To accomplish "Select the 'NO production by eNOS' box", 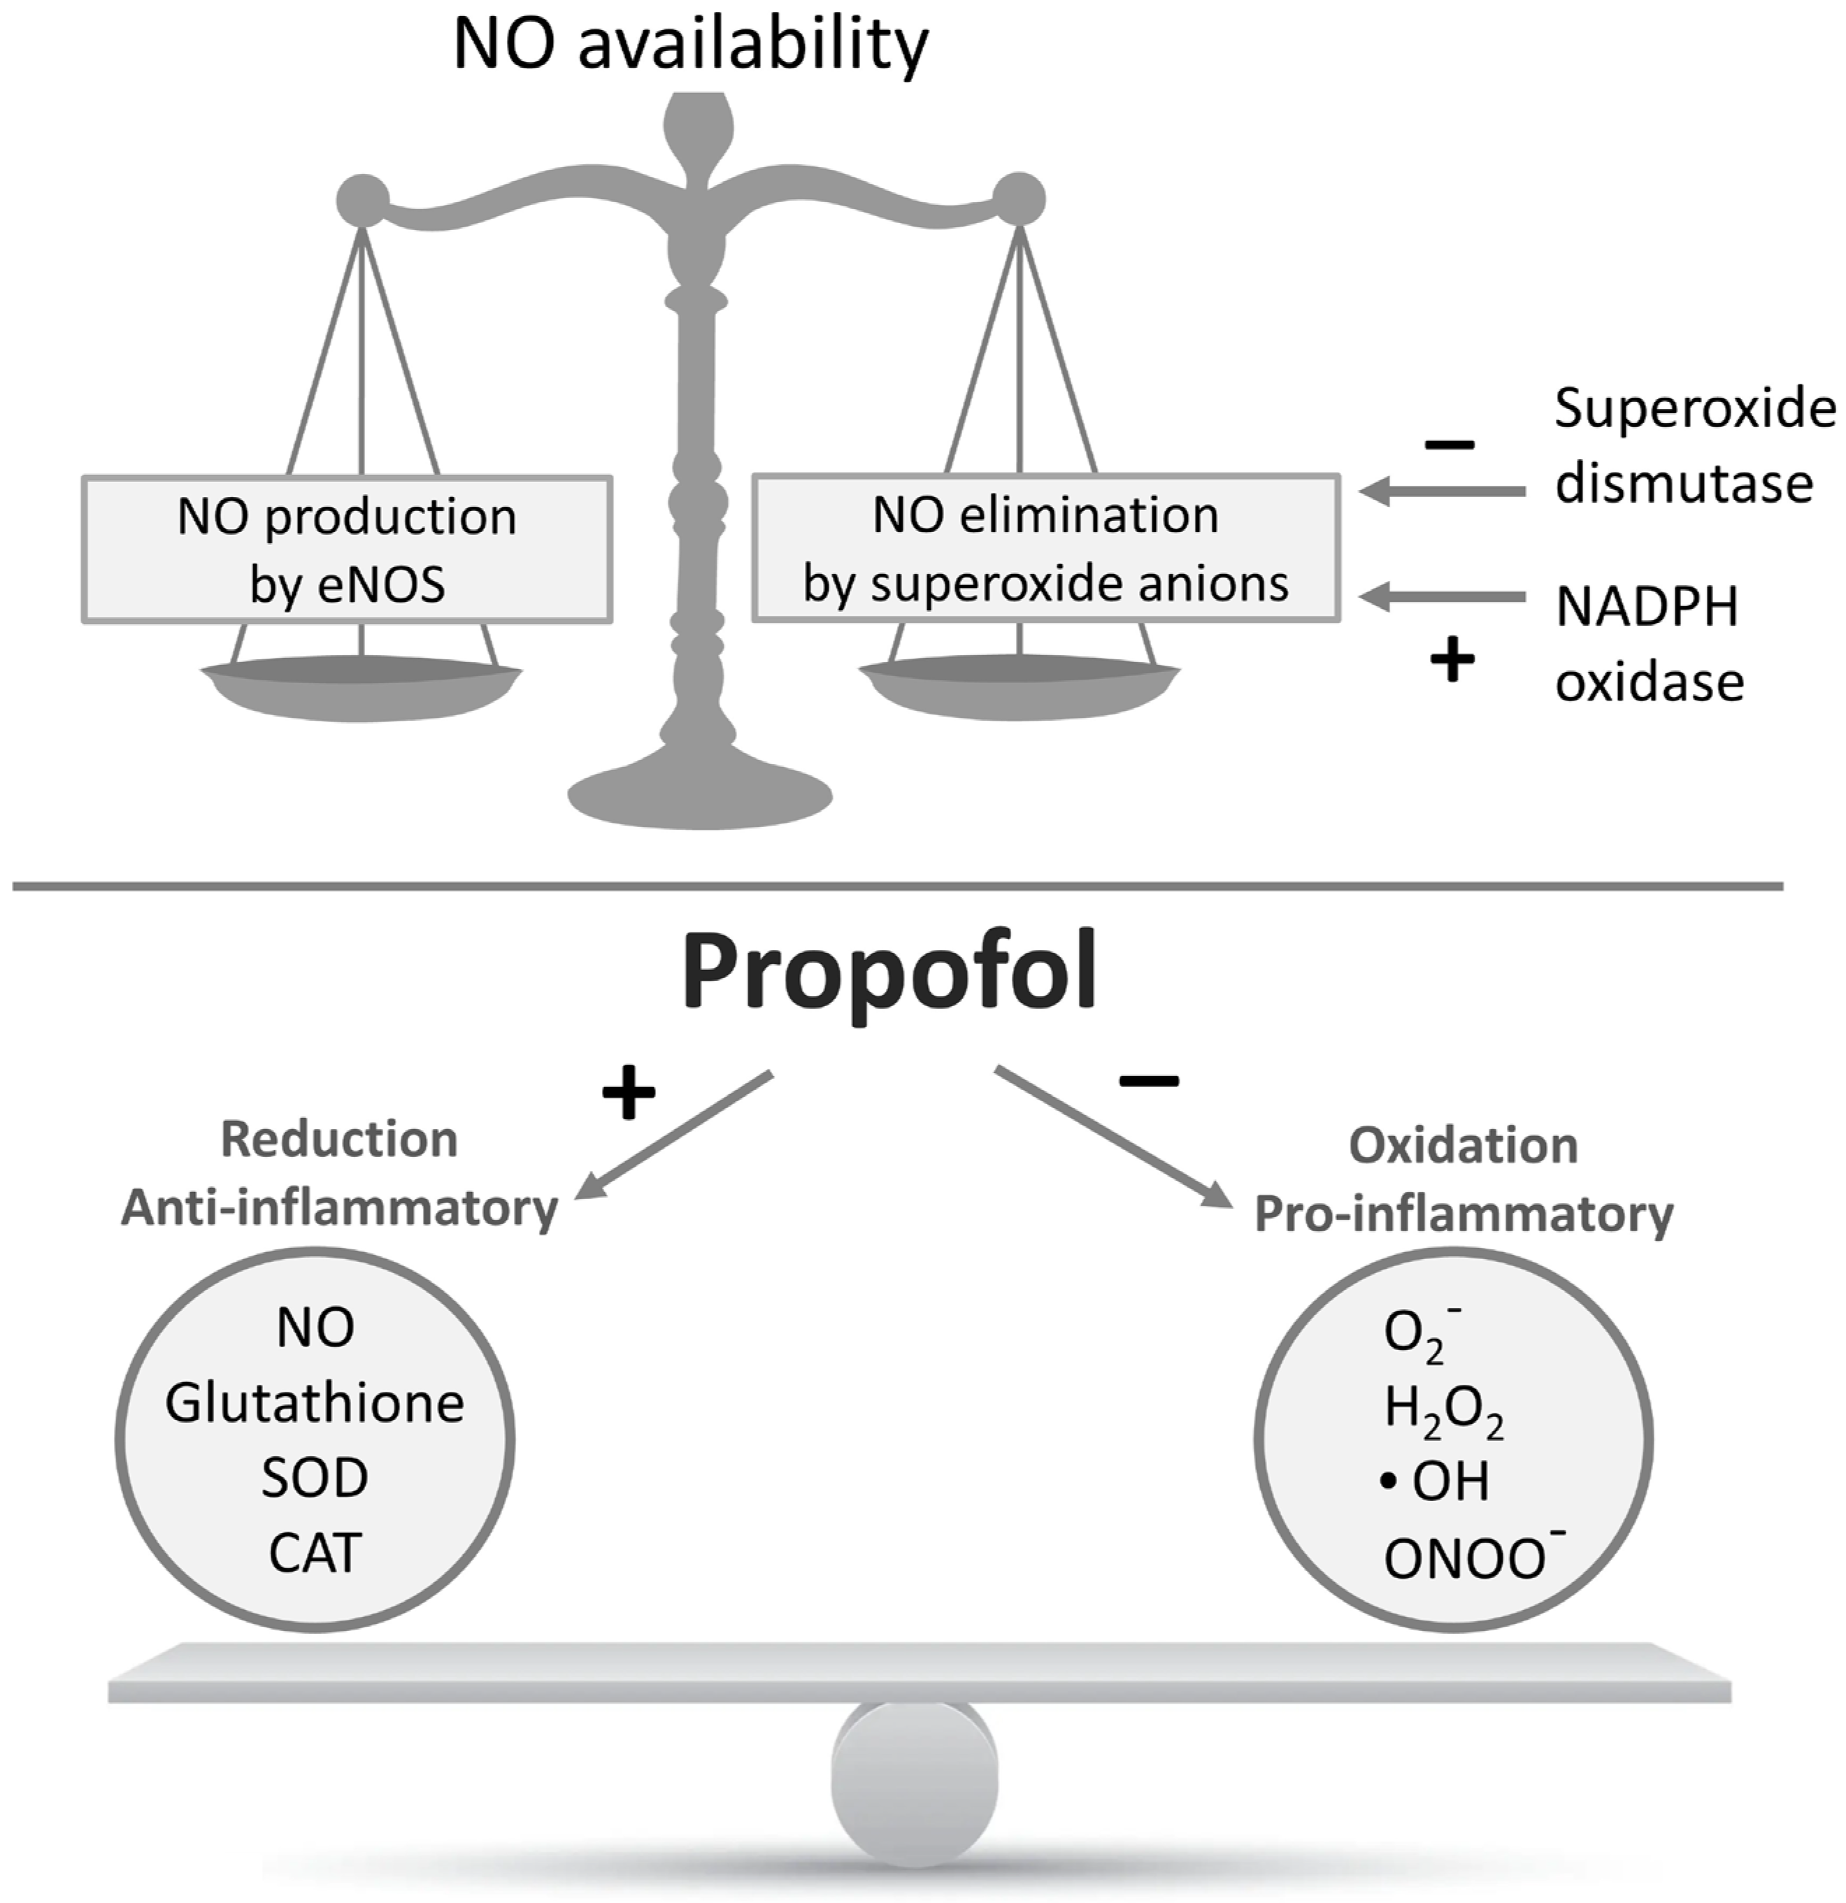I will point(347,550).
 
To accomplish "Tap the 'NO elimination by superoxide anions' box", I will point(1046,549).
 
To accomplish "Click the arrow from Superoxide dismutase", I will point(1441,492).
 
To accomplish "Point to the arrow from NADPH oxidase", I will point(1441,598).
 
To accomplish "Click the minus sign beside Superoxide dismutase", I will point(1449,445).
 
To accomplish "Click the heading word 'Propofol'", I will point(889,972).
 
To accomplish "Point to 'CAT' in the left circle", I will point(315,1553).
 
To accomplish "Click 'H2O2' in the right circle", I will point(1443,1410).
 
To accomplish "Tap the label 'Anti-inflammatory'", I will point(339,1209).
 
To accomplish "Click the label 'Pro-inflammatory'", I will point(1464,1214).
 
